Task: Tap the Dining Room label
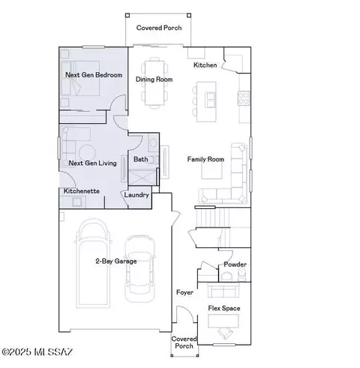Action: pyautogui.click(x=154, y=79)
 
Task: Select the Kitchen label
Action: pyautogui.click(x=205, y=65)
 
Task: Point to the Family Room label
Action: pyautogui.click(x=205, y=159)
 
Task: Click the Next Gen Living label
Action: pyautogui.click(x=92, y=162)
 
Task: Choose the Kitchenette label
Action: pyautogui.click(x=82, y=191)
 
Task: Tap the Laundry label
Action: pyautogui.click(x=136, y=195)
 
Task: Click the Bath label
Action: pyautogui.click(x=141, y=159)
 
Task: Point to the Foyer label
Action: pyautogui.click(x=184, y=291)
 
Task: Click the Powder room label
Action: pyautogui.click(x=235, y=264)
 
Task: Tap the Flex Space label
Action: pyautogui.click(x=225, y=308)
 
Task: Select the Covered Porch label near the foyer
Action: pyautogui.click(x=184, y=342)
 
